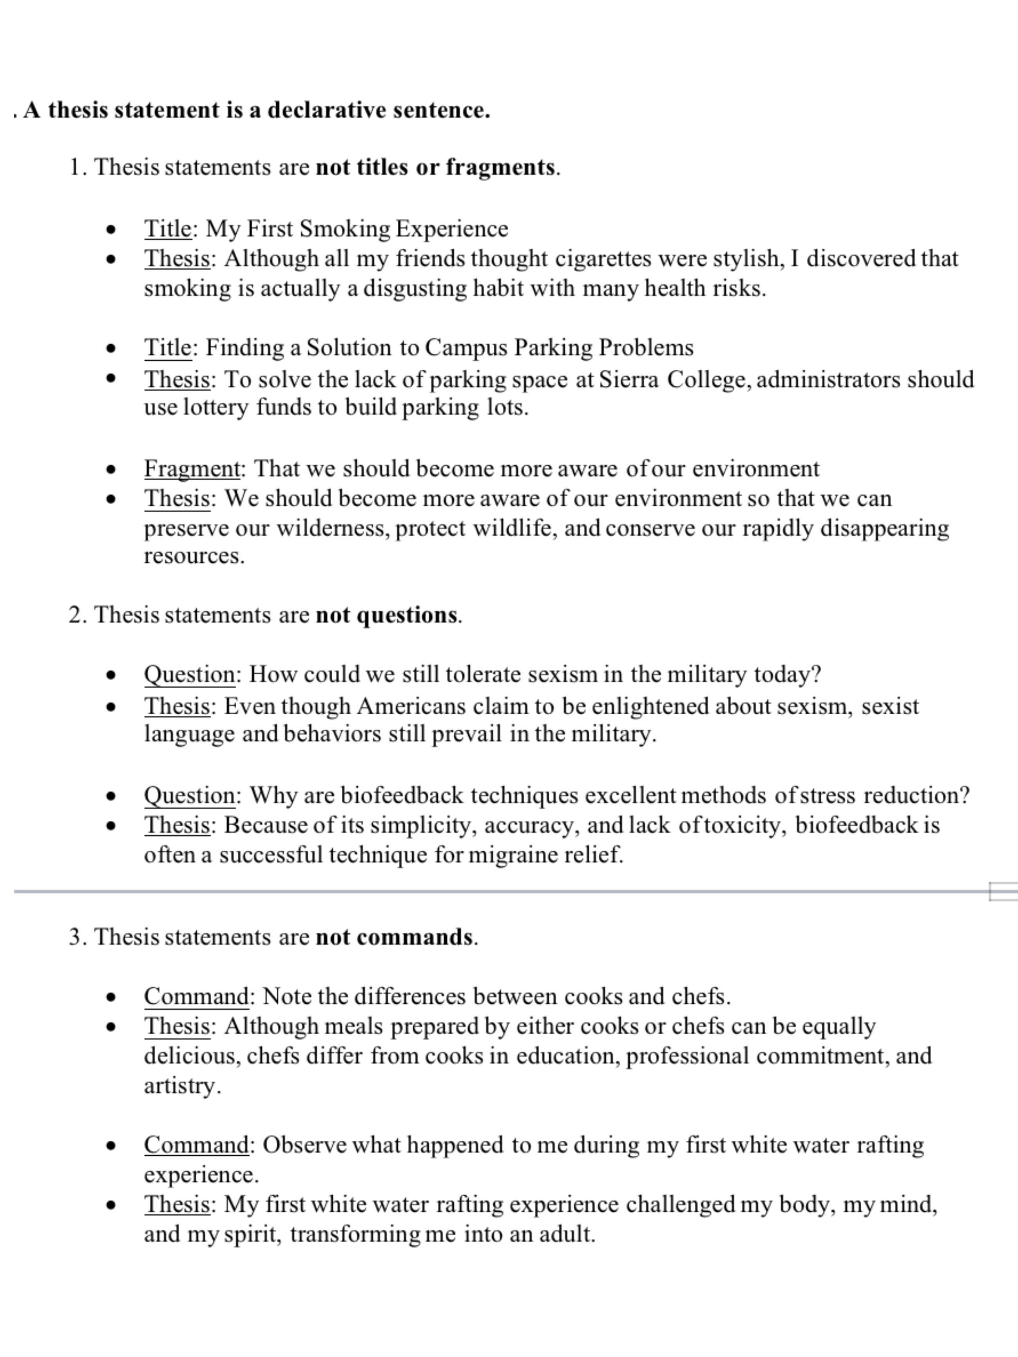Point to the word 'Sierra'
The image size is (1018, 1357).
tap(629, 379)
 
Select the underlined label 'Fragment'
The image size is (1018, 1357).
tap(192, 469)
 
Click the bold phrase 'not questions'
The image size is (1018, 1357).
tap(387, 615)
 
